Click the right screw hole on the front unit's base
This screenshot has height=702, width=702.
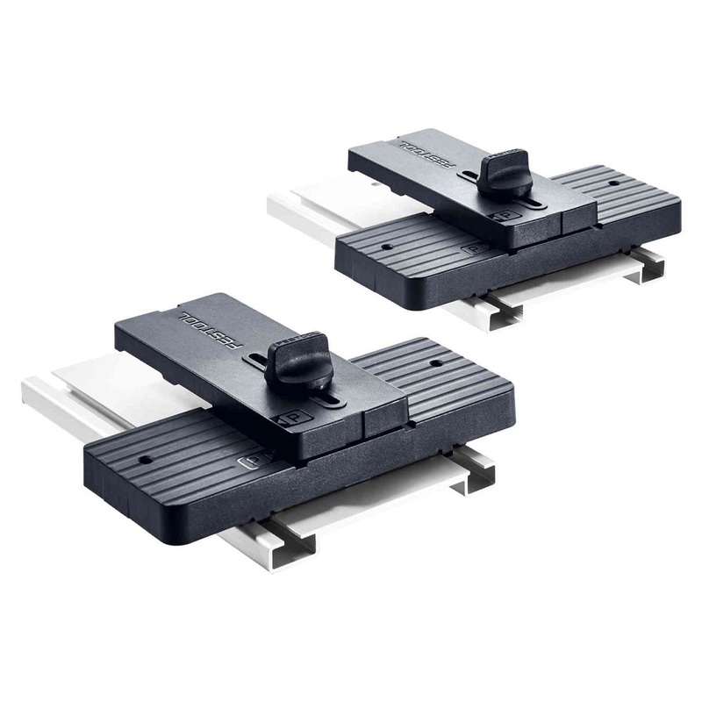(x=433, y=362)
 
